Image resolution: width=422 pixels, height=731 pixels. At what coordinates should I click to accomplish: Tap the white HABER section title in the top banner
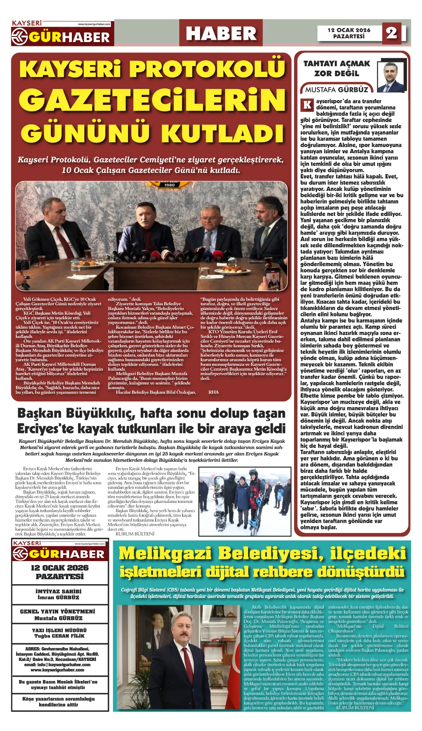click(221, 34)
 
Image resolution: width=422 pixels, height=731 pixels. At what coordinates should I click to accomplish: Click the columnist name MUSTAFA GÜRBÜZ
click(337, 90)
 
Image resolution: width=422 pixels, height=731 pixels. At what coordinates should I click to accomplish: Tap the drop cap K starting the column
click(307, 104)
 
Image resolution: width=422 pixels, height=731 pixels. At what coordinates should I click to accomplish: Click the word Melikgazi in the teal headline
click(165, 553)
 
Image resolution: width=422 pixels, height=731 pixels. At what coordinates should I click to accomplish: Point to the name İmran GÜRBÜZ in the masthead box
click(59, 598)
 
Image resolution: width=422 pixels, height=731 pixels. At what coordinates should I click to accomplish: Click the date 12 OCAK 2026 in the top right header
click(349, 30)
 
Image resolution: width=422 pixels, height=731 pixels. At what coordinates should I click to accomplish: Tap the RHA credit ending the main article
click(213, 392)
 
